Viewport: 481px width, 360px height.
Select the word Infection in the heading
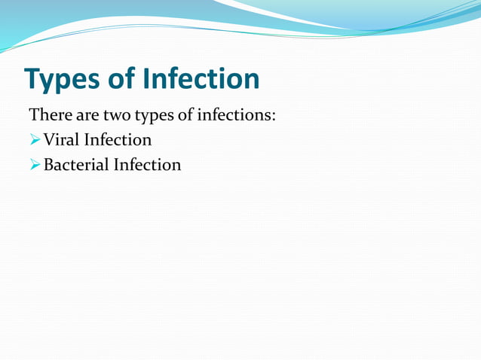click(x=201, y=78)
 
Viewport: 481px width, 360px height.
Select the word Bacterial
click(x=76, y=164)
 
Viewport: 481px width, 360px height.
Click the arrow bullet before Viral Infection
click(x=35, y=140)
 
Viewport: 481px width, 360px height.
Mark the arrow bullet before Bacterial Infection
click(x=35, y=164)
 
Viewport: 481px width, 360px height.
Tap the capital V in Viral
click(x=49, y=140)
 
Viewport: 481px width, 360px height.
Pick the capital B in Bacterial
click(x=49, y=164)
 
